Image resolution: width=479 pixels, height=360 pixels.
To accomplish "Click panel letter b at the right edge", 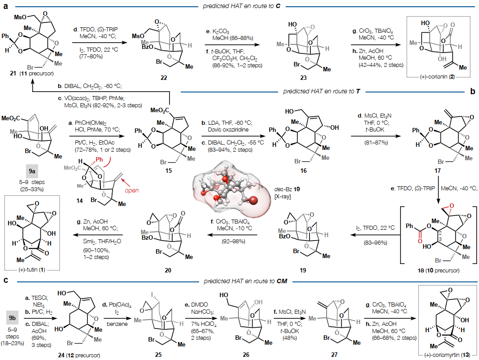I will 472,92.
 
